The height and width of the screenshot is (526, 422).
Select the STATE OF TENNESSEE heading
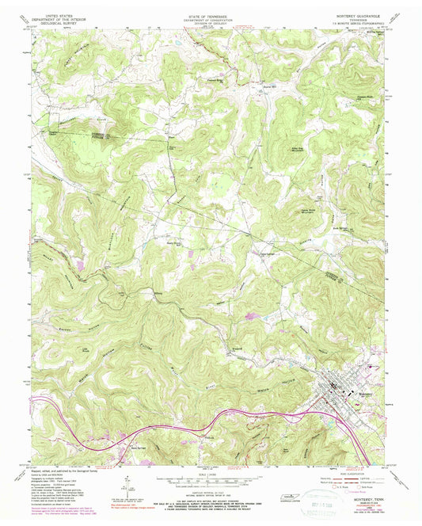tap(210, 15)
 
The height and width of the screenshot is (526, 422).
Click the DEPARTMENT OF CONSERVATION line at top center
tap(210, 19)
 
